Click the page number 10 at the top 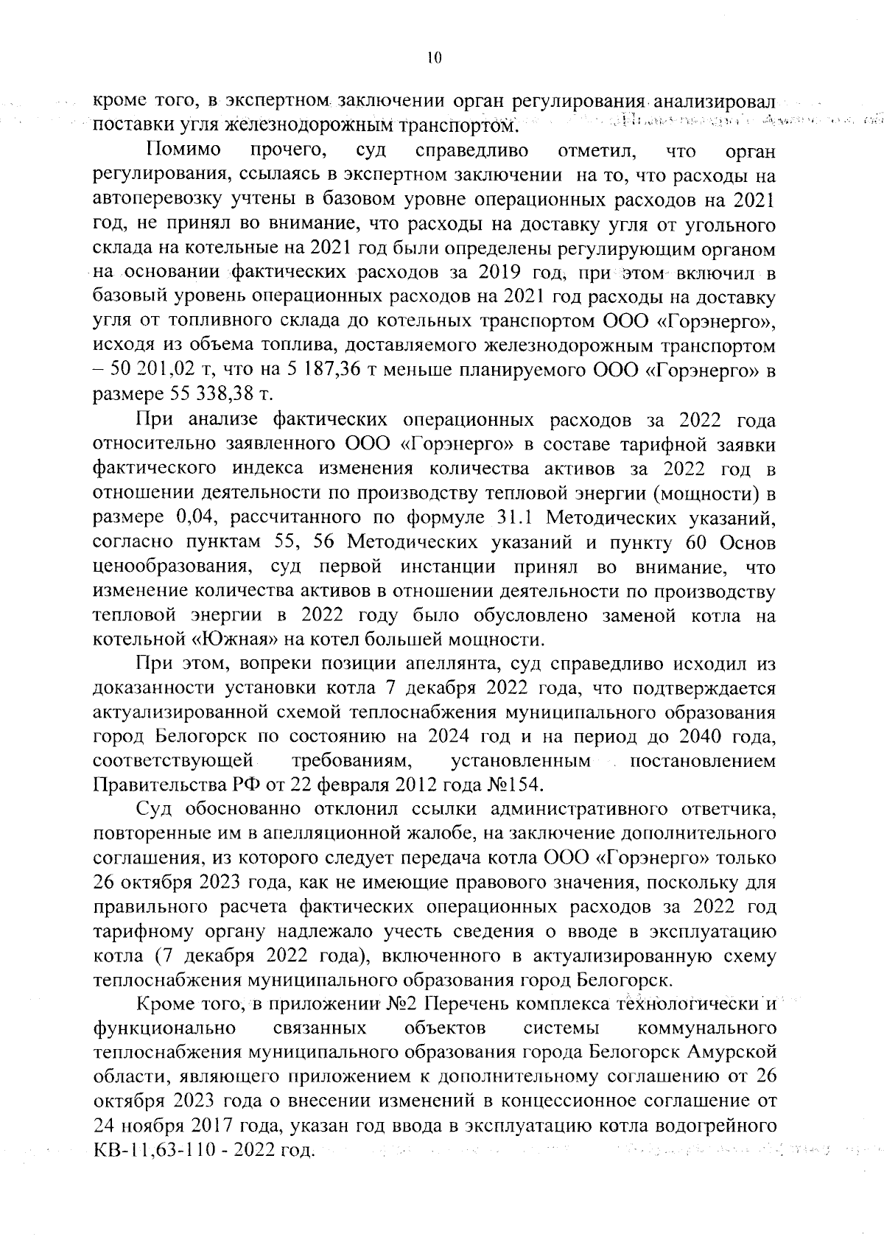pyautogui.click(x=434, y=58)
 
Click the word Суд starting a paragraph pyautogui.click(x=153, y=810)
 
